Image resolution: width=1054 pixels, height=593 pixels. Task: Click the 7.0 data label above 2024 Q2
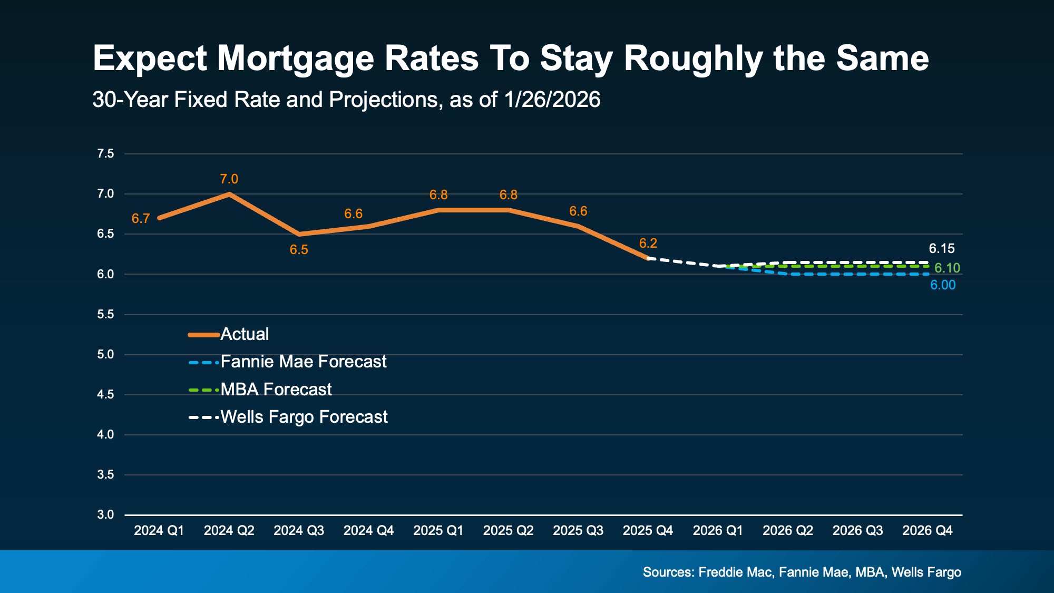coord(229,179)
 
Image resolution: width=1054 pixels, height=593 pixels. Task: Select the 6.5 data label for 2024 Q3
coord(299,250)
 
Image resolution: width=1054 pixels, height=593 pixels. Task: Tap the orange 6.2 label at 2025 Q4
coord(648,244)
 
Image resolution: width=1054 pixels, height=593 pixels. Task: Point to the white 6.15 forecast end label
coord(941,249)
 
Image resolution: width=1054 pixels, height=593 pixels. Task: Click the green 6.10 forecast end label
coord(947,268)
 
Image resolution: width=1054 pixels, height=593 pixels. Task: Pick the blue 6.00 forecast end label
coord(942,285)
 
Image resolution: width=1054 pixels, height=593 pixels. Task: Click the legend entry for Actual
coord(244,334)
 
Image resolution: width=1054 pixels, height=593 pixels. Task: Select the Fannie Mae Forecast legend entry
coord(303,362)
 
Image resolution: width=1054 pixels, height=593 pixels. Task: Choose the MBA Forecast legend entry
coord(276,390)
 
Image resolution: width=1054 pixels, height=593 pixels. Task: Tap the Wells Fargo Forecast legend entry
coord(304,417)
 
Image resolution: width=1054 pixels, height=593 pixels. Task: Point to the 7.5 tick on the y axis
coord(105,154)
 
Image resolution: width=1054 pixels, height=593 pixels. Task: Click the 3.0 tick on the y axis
coord(105,515)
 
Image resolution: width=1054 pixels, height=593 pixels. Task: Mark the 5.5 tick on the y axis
coord(105,315)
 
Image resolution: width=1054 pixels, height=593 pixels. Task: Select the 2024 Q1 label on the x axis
coord(159,531)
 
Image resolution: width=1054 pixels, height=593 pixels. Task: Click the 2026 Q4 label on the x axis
coord(927,531)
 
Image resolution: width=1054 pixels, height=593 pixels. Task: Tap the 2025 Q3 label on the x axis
coord(578,531)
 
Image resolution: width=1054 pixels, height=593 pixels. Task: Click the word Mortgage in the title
coord(295,59)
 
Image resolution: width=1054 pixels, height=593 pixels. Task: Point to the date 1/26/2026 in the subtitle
coord(552,100)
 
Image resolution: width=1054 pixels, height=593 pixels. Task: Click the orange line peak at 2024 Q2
coord(229,194)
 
